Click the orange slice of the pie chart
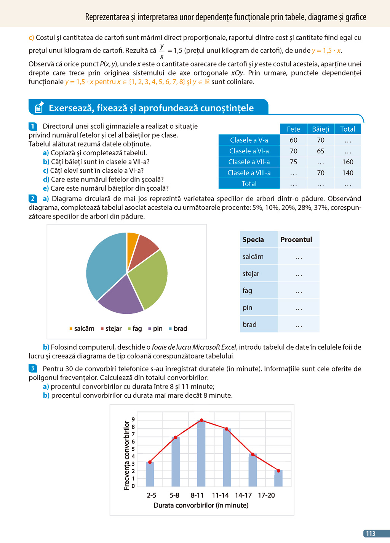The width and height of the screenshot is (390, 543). pos(132,243)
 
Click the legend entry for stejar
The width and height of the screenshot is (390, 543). pos(111,329)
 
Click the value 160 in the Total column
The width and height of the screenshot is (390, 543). pos(347,162)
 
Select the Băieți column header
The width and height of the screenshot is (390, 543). pos(320,129)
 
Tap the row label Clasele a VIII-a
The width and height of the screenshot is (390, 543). pos(249,173)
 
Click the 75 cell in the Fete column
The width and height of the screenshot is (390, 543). pos(293,162)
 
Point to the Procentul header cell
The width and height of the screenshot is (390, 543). pos(296,239)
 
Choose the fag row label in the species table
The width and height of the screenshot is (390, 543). pos(248,291)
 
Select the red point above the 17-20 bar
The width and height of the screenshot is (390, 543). pos(278,471)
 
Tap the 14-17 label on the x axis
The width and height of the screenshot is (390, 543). pos(243,495)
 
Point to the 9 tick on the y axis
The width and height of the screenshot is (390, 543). pos(133,419)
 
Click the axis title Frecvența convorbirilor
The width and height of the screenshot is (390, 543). pos(127,455)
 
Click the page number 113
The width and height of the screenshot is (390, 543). pos(371,534)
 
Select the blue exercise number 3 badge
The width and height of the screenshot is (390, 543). pos(33,368)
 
